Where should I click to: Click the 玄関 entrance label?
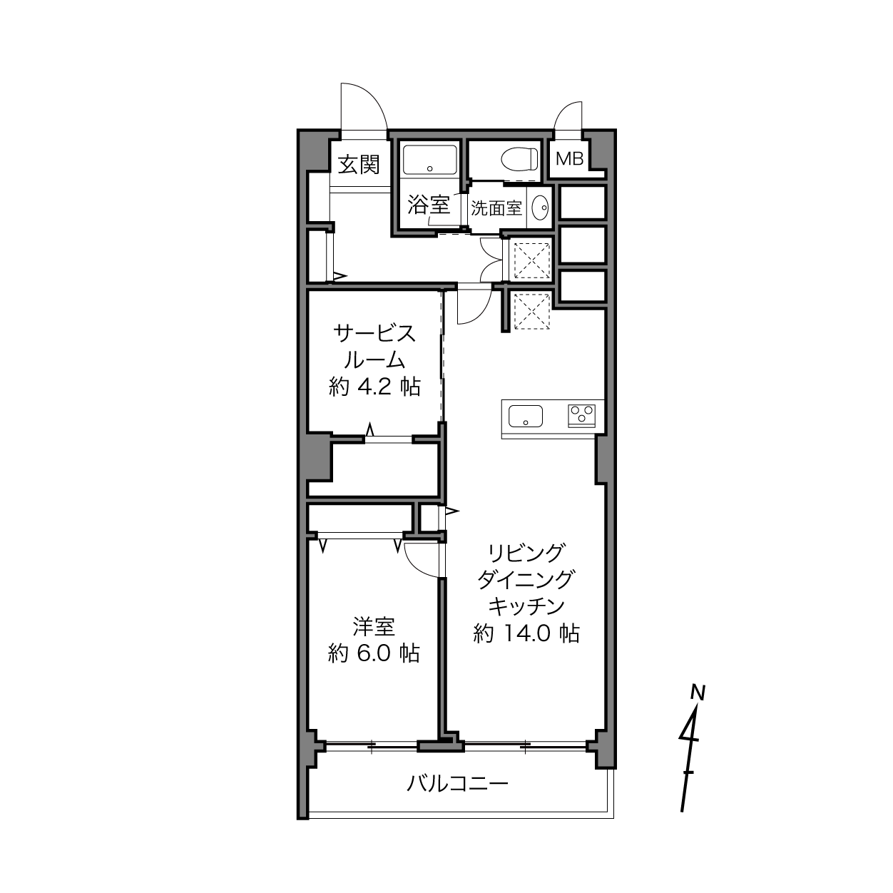[359, 165]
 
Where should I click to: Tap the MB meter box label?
[569, 159]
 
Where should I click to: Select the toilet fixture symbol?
[519, 158]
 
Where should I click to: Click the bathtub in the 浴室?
[429, 160]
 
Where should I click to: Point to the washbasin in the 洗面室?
[540, 208]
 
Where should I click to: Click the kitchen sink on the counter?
[526, 416]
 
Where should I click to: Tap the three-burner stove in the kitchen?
[581, 416]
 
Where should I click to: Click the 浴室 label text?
[429, 205]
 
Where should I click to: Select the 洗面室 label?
[496, 208]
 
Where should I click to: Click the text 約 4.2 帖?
[375, 387]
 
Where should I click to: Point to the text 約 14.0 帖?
[526, 633]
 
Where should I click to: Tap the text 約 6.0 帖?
[374, 653]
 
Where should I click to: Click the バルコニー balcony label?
[458, 784]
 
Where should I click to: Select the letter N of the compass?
[698, 693]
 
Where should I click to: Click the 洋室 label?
[374, 627]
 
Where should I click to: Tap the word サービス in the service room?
[374, 334]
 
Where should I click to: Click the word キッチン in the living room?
[527, 606]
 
